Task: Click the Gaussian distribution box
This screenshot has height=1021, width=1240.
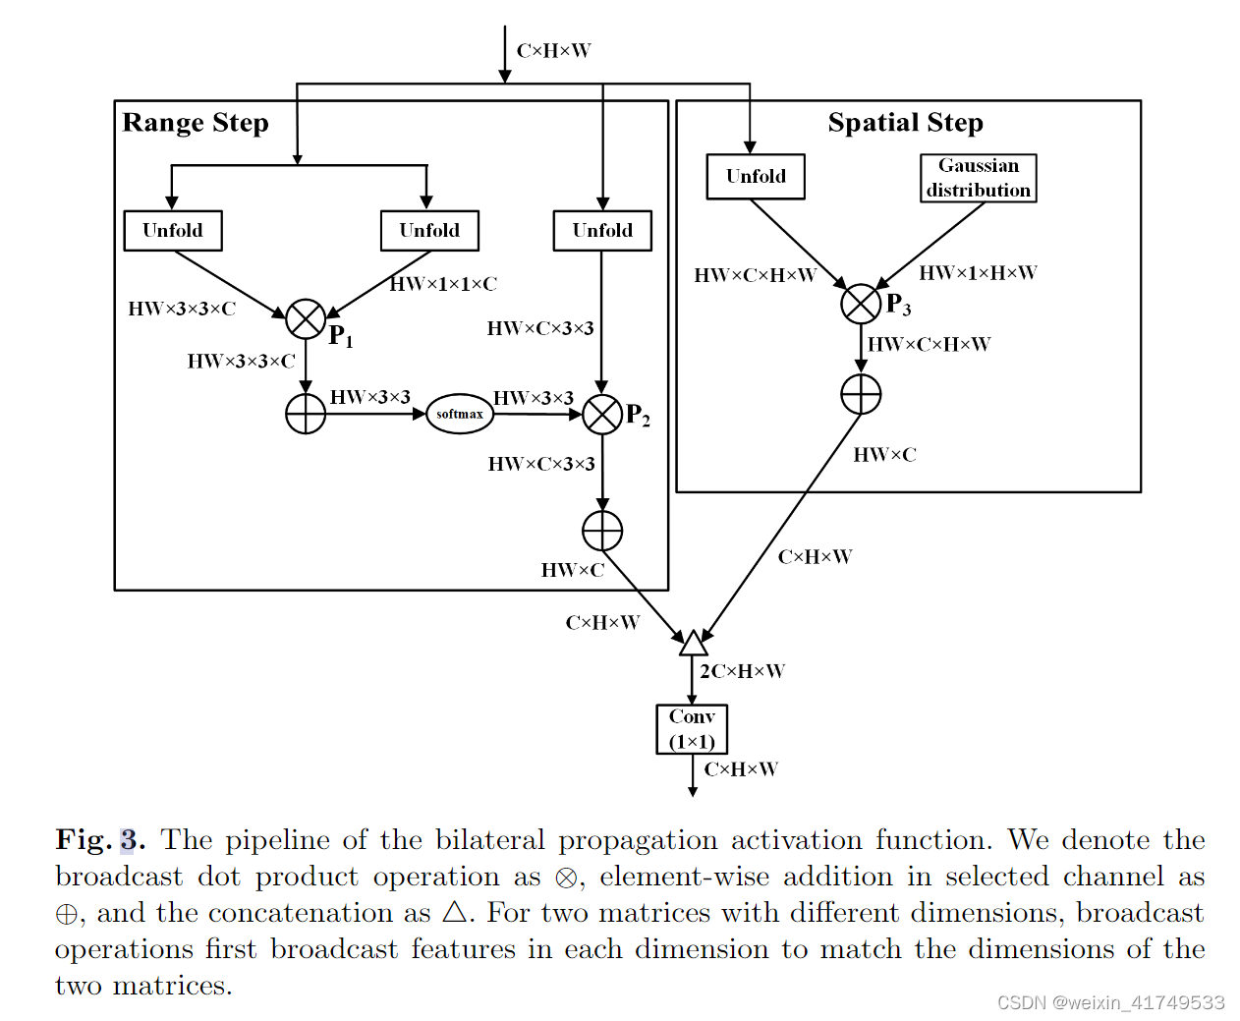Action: [x=978, y=178]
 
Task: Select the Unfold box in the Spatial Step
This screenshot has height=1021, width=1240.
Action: [x=756, y=177]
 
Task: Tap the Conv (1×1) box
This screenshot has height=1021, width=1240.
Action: [x=692, y=729]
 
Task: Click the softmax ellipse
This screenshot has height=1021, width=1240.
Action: [x=460, y=414]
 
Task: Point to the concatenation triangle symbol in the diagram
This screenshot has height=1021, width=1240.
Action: [x=694, y=644]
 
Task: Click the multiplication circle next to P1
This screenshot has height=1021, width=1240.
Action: [x=306, y=319]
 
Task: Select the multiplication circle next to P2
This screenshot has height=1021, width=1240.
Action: [x=602, y=415]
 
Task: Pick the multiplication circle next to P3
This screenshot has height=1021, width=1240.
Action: [x=861, y=304]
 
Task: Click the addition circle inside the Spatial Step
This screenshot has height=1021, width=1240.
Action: [x=861, y=395]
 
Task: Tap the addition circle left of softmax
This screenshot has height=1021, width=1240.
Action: [x=306, y=414]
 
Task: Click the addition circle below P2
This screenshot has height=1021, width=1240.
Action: [x=602, y=531]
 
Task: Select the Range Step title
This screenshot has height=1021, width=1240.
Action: [x=196, y=123]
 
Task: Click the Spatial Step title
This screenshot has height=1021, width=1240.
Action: [x=905, y=123]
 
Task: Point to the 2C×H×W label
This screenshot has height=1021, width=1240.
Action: [x=742, y=671]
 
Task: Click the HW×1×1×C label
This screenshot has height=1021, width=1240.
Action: [x=443, y=284]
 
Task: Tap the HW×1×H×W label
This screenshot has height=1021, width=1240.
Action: [x=978, y=273]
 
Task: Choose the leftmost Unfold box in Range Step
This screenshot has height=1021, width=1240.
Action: [x=173, y=231]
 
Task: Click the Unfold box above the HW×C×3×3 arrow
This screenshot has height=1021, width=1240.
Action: [x=602, y=231]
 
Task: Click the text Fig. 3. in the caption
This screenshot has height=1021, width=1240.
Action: [x=100, y=840]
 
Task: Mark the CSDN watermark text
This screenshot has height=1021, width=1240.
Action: [x=1110, y=1002]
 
